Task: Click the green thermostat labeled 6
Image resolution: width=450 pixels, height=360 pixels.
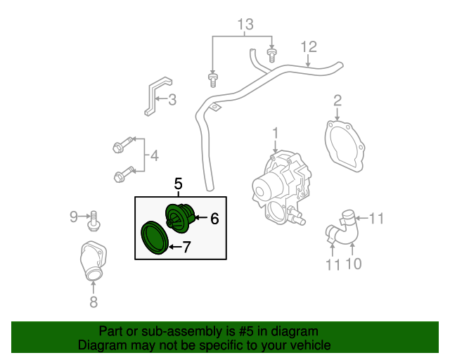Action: [180, 218]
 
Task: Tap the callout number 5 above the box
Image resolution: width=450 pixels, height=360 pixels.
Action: [178, 184]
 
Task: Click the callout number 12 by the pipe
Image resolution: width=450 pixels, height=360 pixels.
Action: [309, 47]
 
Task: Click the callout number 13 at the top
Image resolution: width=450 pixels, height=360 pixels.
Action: [245, 25]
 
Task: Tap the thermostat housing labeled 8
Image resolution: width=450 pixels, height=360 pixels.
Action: [93, 261]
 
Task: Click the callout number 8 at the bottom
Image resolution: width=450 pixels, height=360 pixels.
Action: [94, 302]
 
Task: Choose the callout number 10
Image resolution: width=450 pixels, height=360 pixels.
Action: [354, 264]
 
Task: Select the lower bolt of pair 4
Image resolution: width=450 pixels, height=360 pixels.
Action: [124, 174]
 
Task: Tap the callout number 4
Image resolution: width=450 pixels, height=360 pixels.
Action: [155, 156]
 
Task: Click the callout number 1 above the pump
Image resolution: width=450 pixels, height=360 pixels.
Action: [276, 134]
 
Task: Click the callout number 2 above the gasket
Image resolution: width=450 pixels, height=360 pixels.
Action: [337, 101]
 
